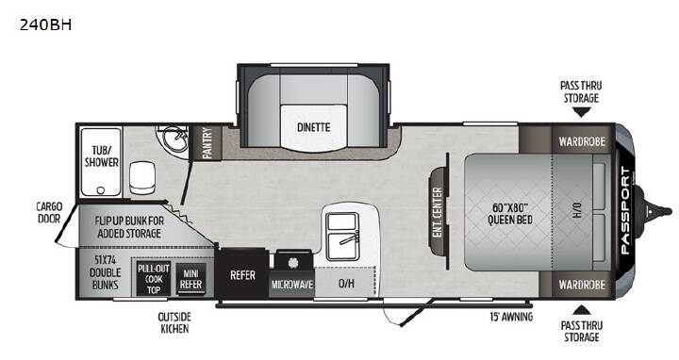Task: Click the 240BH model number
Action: (x=45, y=25)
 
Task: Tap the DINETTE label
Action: (x=313, y=127)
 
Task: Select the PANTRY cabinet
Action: (x=207, y=142)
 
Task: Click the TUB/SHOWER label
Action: (x=101, y=156)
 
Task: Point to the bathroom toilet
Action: (x=142, y=177)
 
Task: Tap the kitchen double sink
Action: (x=342, y=237)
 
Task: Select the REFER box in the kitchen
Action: (x=242, y=274)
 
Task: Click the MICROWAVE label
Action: (x=291, y=285)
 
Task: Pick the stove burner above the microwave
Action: (x=293, y=262)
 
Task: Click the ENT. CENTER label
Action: (x=438, y=212)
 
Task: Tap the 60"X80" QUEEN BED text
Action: (x=510, y=214)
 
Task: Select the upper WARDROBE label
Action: (x=582, y=141)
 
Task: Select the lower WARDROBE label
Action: (x=582, y=285)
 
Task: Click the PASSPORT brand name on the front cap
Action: (x=625, y=211)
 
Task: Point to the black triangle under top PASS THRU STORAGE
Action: (x=582, y=112)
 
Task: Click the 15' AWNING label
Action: (x=511, y=317)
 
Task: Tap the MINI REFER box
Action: (x=190, y=279)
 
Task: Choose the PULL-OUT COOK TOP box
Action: (x=154, y=279)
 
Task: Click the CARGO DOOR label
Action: (x=49, y=212)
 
